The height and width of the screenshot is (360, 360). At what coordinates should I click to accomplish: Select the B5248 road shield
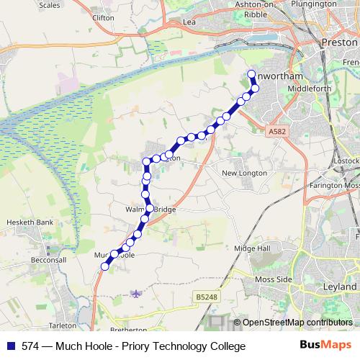[205, 296]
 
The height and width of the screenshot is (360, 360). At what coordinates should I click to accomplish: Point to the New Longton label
[244, 173]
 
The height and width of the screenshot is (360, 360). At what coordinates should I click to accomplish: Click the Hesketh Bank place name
[30, 222]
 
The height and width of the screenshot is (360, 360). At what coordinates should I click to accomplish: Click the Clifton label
[104, 15]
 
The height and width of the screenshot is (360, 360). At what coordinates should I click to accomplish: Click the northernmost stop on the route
[251, 75]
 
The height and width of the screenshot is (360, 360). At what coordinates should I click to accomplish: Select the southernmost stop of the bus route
[104, 266]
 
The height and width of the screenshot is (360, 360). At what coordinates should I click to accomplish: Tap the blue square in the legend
[10, 346]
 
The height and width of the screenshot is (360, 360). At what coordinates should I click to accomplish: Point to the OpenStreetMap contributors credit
[297, 322]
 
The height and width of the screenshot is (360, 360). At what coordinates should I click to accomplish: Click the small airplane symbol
[136, 293]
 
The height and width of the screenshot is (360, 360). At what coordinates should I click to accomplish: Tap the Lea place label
[190, 22]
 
